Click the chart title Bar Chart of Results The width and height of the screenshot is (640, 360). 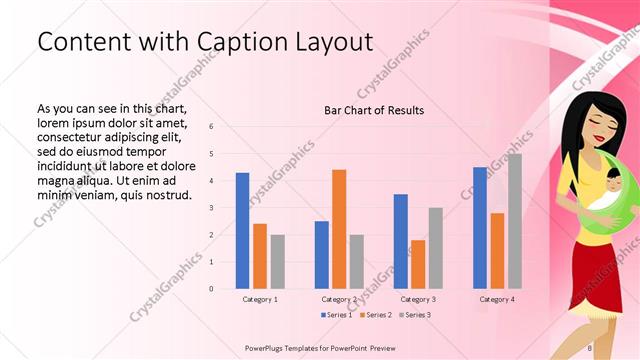coord(374,110)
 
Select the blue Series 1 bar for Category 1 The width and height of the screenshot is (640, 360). coord(242,230)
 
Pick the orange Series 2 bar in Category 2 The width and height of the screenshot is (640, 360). coord(339,229)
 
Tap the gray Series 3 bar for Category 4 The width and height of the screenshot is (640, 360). coord(515,221)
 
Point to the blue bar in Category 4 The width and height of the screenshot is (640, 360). coord(480,227)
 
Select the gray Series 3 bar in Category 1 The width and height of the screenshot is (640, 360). coord(277,261)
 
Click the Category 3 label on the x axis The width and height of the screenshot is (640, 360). coord(417,299)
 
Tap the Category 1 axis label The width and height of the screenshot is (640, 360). coord(260,299)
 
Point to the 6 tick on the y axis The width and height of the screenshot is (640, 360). coord(211,126)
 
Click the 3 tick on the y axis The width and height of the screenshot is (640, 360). coord(211,207)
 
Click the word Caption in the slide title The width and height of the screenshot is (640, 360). coord(234,42)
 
